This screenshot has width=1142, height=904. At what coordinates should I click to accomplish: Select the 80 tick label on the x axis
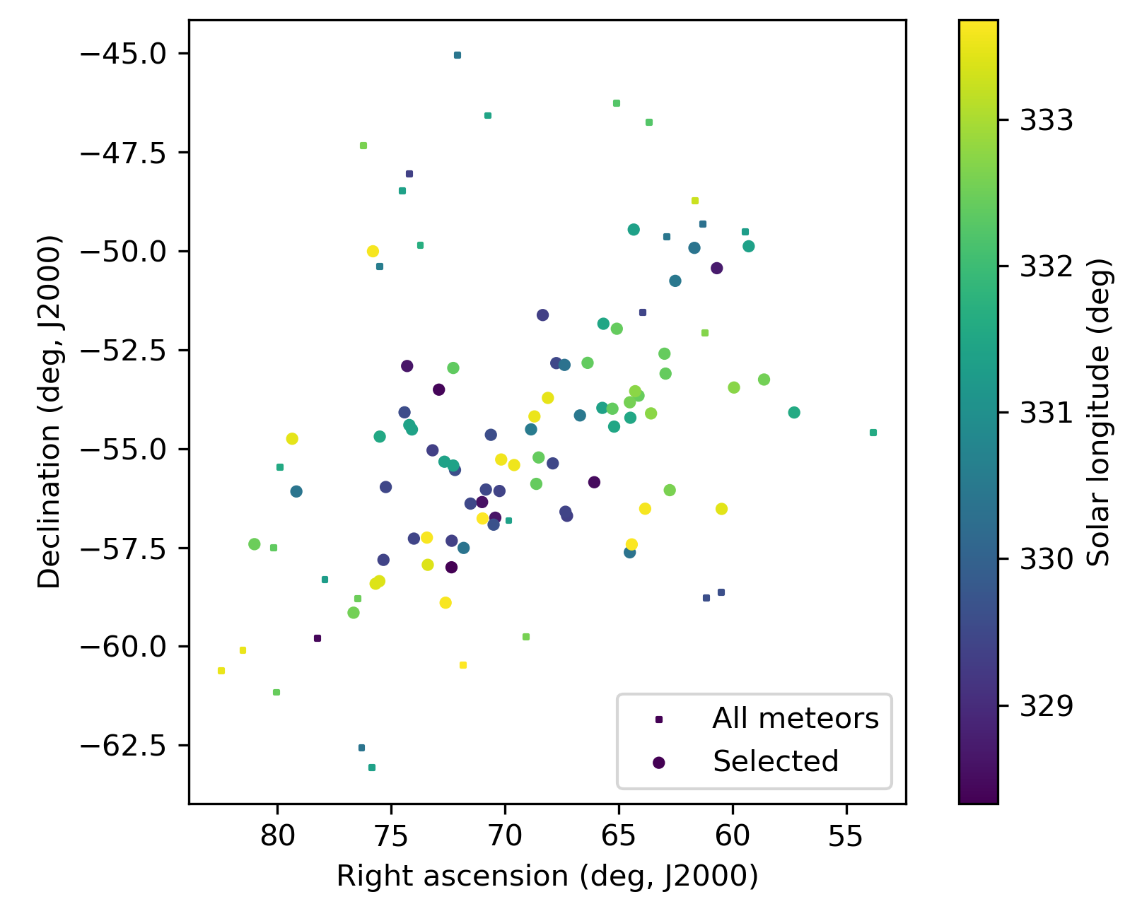tap(277, 837)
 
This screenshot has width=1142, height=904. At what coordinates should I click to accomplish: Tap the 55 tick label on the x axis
tap(846, 837)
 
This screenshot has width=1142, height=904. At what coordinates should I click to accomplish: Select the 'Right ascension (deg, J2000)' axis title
tap(547, 876)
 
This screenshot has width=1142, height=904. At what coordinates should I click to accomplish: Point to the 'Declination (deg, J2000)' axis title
tap(49, 411)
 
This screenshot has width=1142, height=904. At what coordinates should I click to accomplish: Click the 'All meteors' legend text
tap(795, 719)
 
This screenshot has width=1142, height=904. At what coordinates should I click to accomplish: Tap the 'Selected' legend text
tap(776, 761)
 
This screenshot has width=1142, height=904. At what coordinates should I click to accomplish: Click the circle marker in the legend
tap(659, 762)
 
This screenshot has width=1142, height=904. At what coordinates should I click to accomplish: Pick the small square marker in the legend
tap(659, 720)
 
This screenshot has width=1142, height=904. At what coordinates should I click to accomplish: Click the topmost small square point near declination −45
tap(458, 55)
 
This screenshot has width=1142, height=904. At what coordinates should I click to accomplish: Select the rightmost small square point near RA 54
tap(873, 433)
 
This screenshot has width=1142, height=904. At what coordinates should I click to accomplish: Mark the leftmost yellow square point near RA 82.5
tap(221, 671)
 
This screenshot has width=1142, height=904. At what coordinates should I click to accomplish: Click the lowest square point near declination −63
tap(372, 768)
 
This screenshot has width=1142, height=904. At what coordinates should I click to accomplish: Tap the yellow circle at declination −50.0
tap(373, 252)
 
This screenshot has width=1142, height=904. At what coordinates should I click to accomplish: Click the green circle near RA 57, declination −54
tap(794, 413)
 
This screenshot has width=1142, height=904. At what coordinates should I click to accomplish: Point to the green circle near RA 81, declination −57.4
tap(255, 544)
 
